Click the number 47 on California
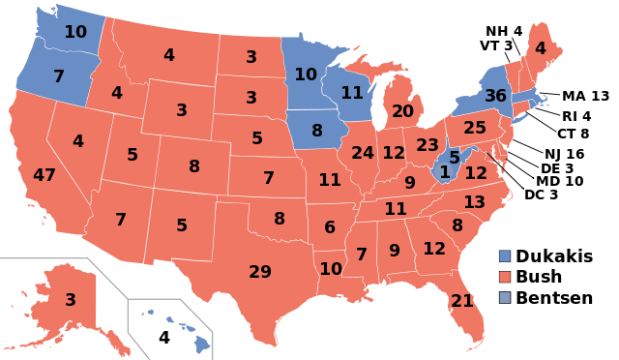click(44, 175)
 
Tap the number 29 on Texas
click(260, 272)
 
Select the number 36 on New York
click(495, 96)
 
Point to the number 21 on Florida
click(462, 301)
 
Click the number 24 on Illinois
click(363, 153)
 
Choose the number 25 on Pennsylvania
click(475, 128)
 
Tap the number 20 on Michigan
click(402, 111)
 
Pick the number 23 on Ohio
click(427, 145)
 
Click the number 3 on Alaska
click(71, 300)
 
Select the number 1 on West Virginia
click(445, 172)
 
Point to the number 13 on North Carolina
click(474, 202)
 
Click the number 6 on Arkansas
click(330, 227)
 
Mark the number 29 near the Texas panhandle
click(260, 272)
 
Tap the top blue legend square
click(505, 256)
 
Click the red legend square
click(505, 277)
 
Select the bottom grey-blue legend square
click(505, 297)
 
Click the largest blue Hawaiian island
click(202, 343)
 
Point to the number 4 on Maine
click(540, 48)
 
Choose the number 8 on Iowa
click(317, 131)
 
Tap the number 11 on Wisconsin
click(352, 93)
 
